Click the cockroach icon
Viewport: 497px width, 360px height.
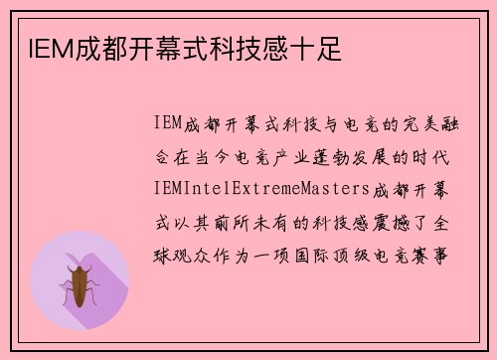click(x=80, y=283)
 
